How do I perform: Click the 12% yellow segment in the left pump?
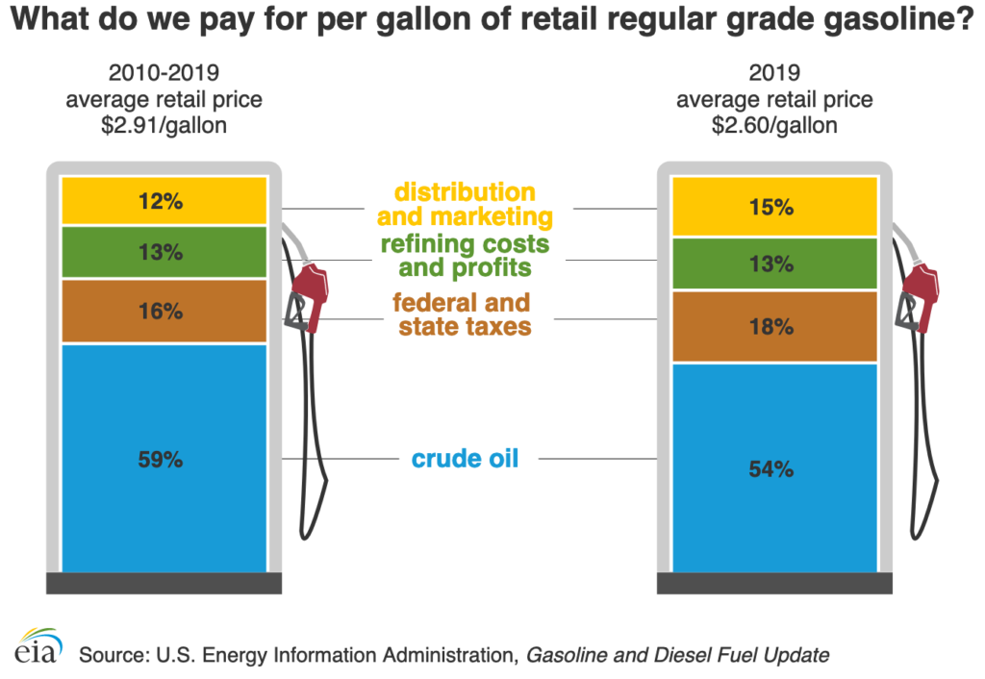[x=164, y=201]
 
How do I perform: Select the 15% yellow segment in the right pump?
[x=775, y=207]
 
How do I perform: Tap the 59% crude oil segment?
[x=164, y=459]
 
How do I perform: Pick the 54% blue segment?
[x=775, y=469]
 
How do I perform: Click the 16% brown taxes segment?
[x=164, y=311]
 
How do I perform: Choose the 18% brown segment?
[x=775, y=327]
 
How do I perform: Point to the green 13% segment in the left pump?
[x=164, y=253]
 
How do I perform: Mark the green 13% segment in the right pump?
[x=775, y=264]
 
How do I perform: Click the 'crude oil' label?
[x=466, y=459]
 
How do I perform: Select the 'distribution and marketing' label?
[x=466, y=204]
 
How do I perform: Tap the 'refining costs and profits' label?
[x=466, y=255]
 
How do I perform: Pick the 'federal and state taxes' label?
[x=462, y=314]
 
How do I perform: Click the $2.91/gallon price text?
[x=164, y=125]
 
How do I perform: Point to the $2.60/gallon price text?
[x=774, y=125]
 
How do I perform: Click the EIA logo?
[x=38, y=646]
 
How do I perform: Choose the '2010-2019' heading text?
[x=164, y=73]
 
